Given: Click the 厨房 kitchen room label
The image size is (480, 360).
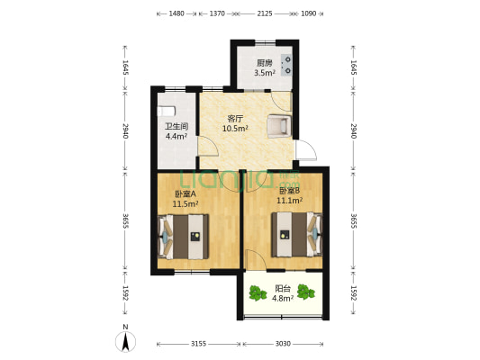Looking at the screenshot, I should point(263,63).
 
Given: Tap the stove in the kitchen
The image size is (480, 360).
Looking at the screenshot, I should point(287,63).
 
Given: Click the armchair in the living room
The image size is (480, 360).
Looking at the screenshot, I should point(279,126).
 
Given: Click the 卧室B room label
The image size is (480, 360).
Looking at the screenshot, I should point(289,191).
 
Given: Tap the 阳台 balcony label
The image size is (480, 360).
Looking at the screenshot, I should point(282,289).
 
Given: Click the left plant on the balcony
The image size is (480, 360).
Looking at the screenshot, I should point(255,290).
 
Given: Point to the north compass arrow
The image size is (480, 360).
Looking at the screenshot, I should point(126,340).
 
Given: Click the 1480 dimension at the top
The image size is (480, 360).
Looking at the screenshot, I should point(177,14).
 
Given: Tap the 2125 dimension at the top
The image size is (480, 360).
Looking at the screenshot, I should point(264,14).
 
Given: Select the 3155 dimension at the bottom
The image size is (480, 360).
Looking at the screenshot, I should point(198,343).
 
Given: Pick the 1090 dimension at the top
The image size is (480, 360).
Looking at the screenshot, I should point(309,14).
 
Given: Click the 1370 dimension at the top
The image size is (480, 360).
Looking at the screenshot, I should point(216,14).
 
